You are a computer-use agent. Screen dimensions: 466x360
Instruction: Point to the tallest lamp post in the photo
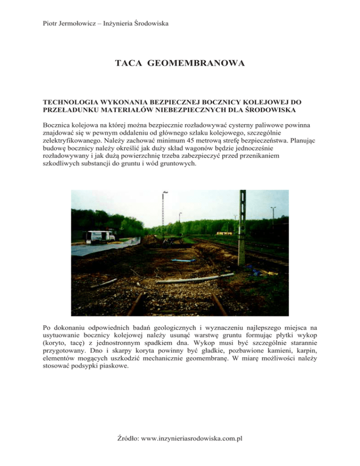click(x=164, y=211)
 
